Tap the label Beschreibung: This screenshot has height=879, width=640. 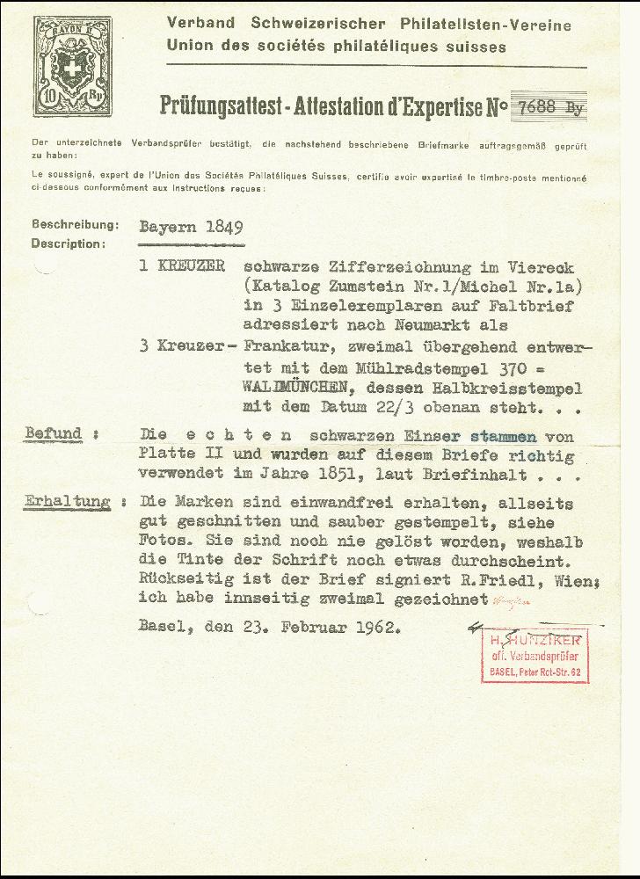(75, 224)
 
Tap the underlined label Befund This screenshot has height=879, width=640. (54, 433)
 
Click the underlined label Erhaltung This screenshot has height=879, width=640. (68, 502)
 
